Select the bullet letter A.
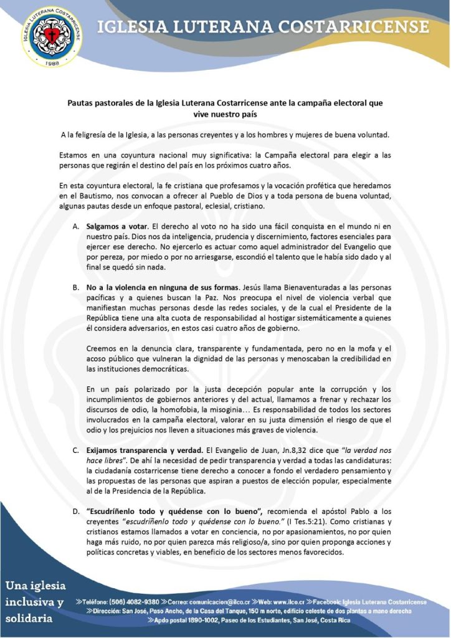[x=75, y=224]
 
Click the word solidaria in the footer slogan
[x=30, y=620]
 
